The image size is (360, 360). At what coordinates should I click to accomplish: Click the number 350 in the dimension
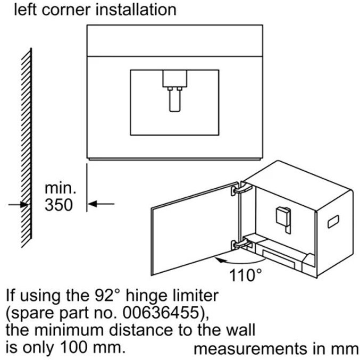pyautogui.click(x=59, y=205)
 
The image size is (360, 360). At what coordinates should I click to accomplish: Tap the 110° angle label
pyautogui.click(x=246, y=275)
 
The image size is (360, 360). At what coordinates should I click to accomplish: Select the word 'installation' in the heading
pyautogui.click(x=136, y=10)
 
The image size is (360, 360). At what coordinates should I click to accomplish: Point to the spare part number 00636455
pyautogui.click(x=161, y=312)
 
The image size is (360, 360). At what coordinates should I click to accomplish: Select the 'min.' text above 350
pyautogui.click(x=61, y=188)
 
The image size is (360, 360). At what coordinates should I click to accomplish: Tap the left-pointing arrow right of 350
pyautogui.click(x=101, y=204)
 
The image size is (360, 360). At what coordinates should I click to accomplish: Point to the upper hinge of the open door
pyautogui.click(x=241, y=188)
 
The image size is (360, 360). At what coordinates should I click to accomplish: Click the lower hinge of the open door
pyautogui.click(x=241, y=244)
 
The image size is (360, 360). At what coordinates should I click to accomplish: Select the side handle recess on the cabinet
pyautogui.click(x=333, y=222)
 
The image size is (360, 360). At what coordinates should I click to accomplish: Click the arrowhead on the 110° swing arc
pyautogui.click(x=220, y=260)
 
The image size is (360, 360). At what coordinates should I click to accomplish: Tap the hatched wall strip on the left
pyautogui.click(x=27, y=148)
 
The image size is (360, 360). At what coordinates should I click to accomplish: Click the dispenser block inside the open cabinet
pyautogui.click(x=283, y=219)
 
